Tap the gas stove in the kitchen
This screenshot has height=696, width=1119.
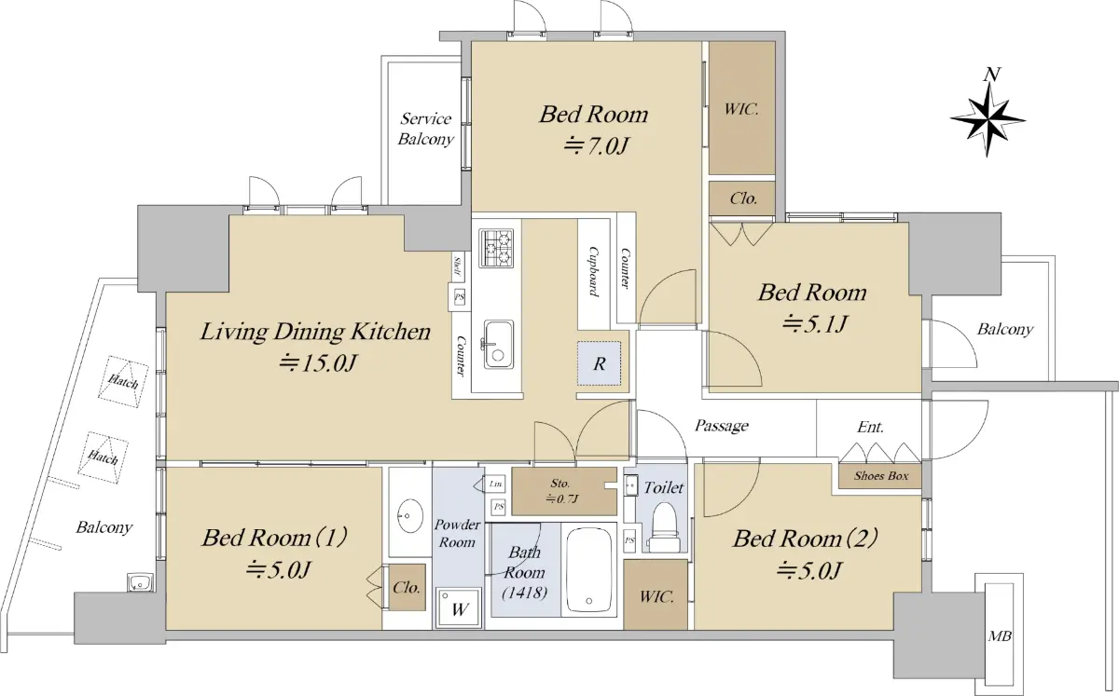point(496,248)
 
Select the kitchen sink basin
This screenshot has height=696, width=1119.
point(498,344)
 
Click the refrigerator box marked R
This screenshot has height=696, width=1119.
point(599,363)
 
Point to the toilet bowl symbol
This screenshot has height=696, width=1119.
point(664,526)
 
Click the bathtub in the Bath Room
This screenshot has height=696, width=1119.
point(588,570)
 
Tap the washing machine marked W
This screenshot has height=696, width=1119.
point(459,608)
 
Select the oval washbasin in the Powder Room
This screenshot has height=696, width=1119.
point(409,515)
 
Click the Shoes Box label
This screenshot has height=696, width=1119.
point(880,476)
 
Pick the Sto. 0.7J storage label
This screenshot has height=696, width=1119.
point(560,490)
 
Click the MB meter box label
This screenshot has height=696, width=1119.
point(1000,636)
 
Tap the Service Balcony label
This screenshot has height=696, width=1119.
point(425,129)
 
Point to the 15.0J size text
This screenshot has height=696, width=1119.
point(318,363)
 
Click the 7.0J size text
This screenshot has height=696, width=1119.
point(595,145)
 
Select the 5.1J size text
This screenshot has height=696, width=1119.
point(814,324)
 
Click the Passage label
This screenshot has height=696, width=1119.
point(722,426)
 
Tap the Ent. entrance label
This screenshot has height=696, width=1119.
point(871,427)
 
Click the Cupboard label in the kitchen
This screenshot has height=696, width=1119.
point(593,271)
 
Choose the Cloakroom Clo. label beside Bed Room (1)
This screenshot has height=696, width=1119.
point(407,587)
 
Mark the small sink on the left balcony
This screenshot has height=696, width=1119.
point(140,582)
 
